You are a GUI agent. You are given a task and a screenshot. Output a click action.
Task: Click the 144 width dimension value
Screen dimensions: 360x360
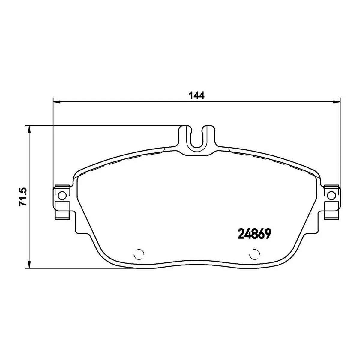click(197, 95)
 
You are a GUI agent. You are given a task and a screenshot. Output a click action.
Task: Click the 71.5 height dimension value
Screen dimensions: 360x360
click(23, 197)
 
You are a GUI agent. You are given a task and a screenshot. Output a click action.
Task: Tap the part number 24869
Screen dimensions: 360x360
click(254, 234)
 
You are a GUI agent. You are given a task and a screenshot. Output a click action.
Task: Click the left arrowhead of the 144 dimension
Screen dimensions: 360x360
click(57, 102)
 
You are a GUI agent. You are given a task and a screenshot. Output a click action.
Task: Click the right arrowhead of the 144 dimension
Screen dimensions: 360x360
click(337, 102)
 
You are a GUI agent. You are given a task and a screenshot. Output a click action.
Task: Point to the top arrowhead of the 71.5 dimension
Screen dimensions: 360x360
click(29, 129)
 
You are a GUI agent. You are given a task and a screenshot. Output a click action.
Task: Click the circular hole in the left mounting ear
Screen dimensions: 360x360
click(62, 196)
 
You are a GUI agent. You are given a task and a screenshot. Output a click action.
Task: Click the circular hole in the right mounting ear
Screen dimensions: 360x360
click(331, 196)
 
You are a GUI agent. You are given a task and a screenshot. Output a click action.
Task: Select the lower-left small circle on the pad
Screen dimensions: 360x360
click(139, 254)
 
